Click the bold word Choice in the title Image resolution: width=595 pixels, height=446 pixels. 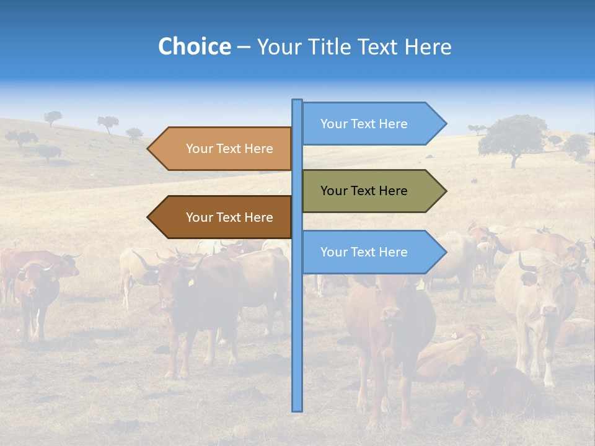tap(194, 47)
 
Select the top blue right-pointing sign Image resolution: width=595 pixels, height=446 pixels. tap(372, 123)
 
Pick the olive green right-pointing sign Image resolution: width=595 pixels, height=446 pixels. tap(372, 191)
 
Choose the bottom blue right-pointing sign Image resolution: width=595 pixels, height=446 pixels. tap(372, 252)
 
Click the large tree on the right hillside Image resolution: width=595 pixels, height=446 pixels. tap(513, 138)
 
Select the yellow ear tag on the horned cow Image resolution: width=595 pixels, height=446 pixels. tap(191, 282)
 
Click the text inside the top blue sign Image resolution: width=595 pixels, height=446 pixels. tap(364, 124)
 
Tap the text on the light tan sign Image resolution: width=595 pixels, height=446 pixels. tap(229, 149)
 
